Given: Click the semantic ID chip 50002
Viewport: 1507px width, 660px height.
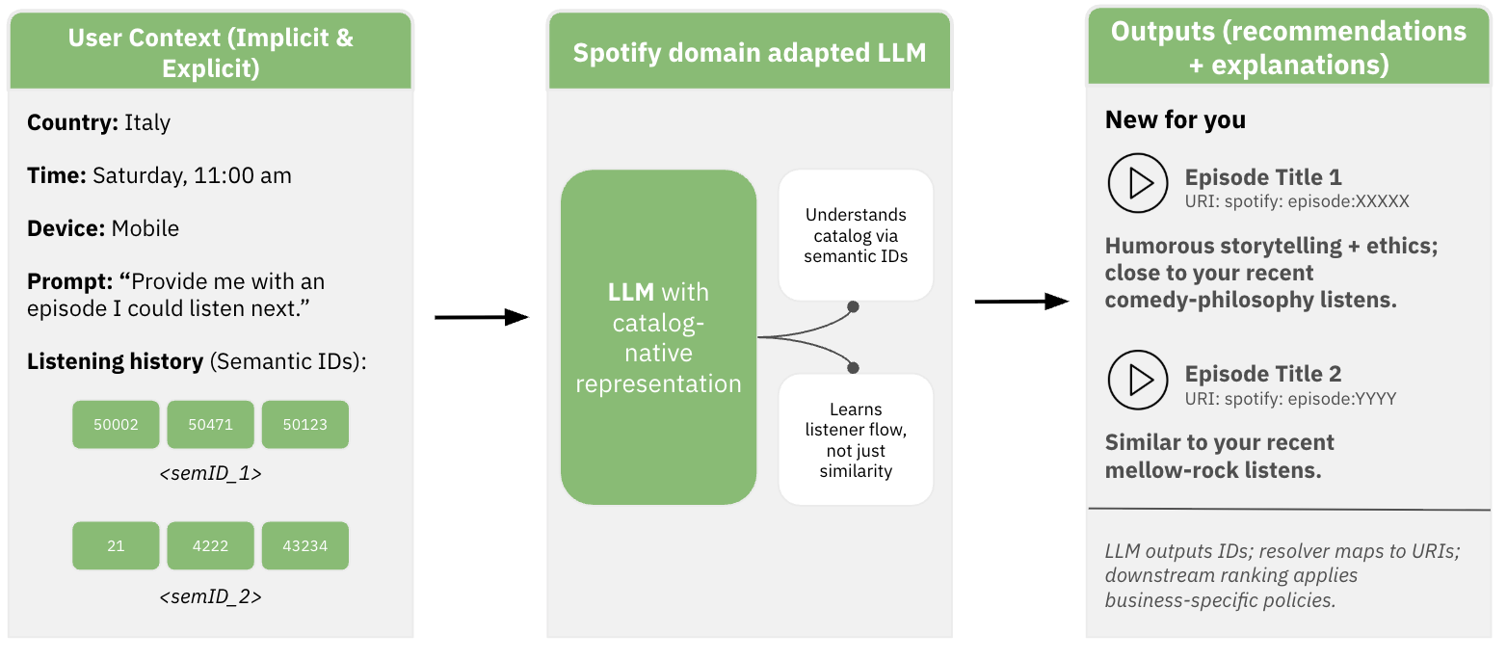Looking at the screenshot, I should [116, 425].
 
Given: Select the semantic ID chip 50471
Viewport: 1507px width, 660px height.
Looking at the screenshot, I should [210, 425].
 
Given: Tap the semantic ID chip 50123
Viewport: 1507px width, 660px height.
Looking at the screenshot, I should [304, 425].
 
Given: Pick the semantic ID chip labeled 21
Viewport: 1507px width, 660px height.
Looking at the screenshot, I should [116, 546].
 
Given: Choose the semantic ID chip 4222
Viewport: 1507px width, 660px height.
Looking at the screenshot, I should [210, 546].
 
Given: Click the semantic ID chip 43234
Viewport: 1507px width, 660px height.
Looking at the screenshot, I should [304, 546].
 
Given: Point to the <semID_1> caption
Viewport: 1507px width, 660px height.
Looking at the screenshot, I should [210, 474].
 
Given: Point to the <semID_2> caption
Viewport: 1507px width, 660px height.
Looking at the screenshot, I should [210, 596].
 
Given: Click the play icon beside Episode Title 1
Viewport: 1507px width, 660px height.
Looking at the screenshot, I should [1138, 183].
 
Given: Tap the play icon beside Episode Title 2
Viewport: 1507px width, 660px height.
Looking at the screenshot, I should [1138, 380].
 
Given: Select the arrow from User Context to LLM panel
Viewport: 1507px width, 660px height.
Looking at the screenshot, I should [482, 317].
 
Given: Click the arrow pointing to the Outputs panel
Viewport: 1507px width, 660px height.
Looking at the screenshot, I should [1021, 303].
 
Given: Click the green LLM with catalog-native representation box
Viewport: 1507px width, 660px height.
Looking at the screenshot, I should [658, 337].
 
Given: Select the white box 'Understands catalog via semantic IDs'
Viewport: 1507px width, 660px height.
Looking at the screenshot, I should [856, 235].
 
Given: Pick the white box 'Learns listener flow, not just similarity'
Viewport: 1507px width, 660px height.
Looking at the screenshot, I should [856, 440].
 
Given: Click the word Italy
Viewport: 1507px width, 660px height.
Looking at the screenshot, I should [147, 122].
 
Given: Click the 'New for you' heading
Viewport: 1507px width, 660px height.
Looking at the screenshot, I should [1175, 119].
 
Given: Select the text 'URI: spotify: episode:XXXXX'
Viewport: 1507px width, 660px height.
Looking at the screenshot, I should [1297, 201].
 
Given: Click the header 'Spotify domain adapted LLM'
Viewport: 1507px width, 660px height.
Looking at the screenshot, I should [749, 52].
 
